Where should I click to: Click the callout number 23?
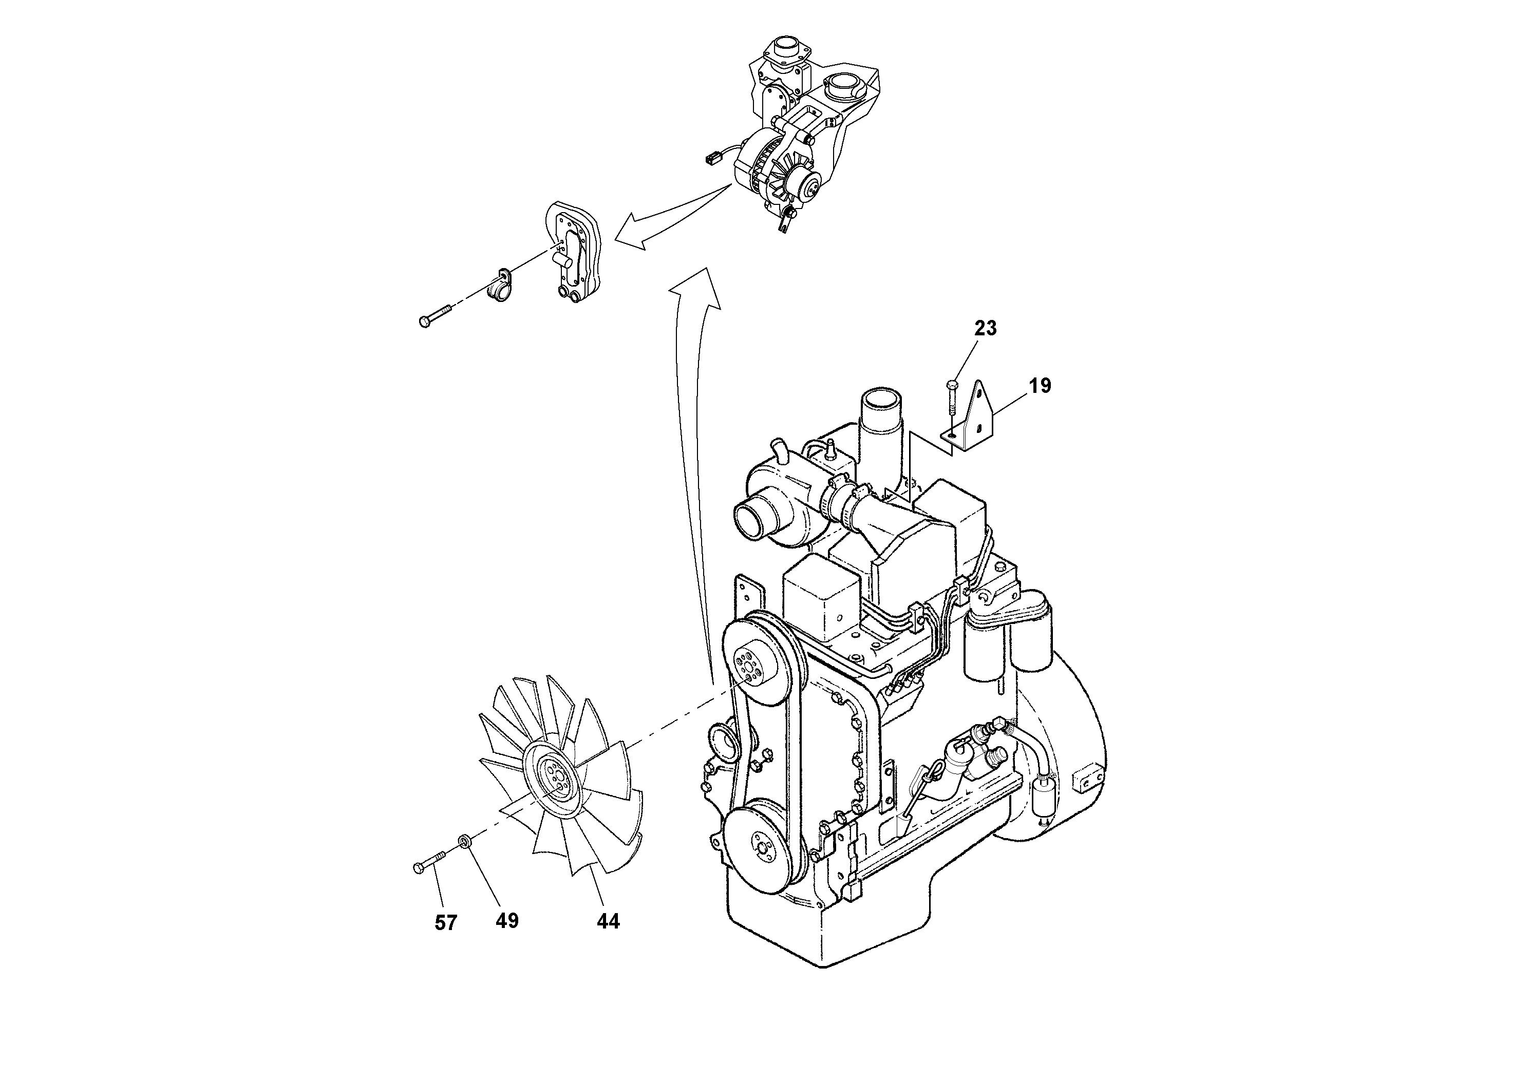pos(986,328)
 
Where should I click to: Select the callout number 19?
pos(1040,386)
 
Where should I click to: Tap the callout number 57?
pos(445,923)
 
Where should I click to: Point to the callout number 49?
pos(507,921)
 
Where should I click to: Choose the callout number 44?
pos(608,921)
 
